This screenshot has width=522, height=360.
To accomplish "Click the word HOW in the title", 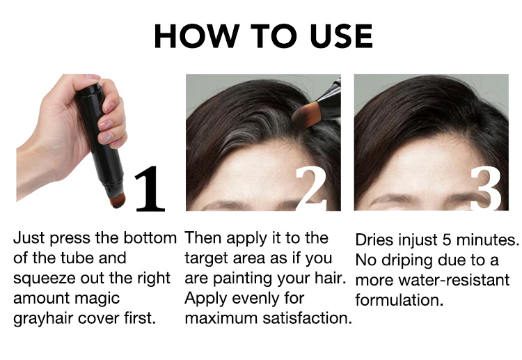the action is click(x=196, y=36).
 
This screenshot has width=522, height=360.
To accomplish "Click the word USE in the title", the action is click(x=341, y=36).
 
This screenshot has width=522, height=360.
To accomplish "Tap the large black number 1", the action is click(x=150, y=189).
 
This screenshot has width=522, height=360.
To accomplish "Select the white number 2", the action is click(x=311, y=189).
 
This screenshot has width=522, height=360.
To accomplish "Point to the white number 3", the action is click(x=487, y=189).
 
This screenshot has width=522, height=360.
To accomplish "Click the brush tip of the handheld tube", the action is click(x=118, y=201).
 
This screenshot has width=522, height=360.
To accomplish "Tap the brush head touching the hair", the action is click(x=305, y=116).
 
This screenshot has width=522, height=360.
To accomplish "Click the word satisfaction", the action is click(x=307, y=318).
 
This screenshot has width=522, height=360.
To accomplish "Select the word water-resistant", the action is click(x=454, y=281).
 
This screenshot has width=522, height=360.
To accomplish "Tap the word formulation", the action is click(x=399, y=300).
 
